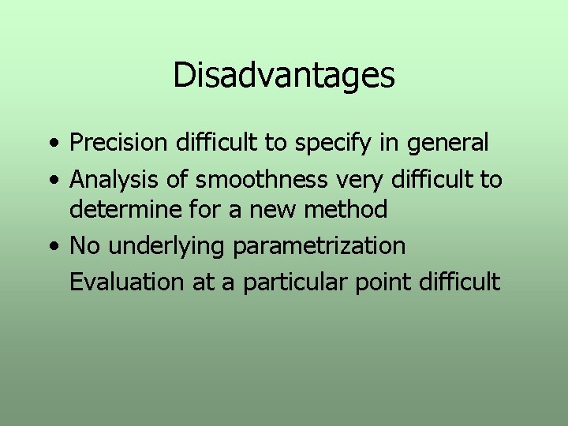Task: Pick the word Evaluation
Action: click(127, 282)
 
